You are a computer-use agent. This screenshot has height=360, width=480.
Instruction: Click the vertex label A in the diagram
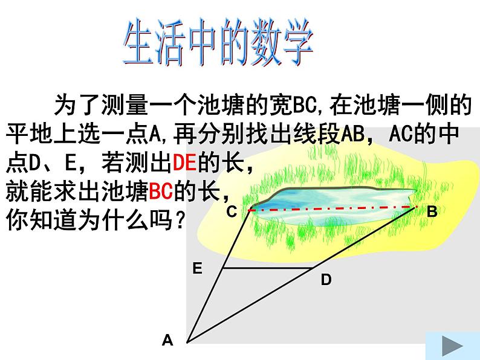pyautogui.click(x=167, y=341)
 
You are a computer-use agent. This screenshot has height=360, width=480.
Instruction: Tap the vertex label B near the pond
pyautogui.click(x=432, y=211)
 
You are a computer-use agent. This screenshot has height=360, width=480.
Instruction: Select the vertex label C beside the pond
pyautogui.click(x=232, y=211)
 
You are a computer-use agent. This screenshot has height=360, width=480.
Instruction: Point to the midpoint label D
pyautogui.click(x=326, y=280)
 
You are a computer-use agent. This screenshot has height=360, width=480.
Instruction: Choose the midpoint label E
pyautogui.click(x=197, y=269)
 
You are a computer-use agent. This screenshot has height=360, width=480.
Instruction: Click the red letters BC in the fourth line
pyautogui.click(x=161, y=193)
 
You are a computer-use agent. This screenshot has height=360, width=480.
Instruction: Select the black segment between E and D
pyautogui.click(x=269, y=268)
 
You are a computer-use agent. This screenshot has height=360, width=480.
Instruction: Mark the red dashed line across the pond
pyautogui.click(x=332, y=208)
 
